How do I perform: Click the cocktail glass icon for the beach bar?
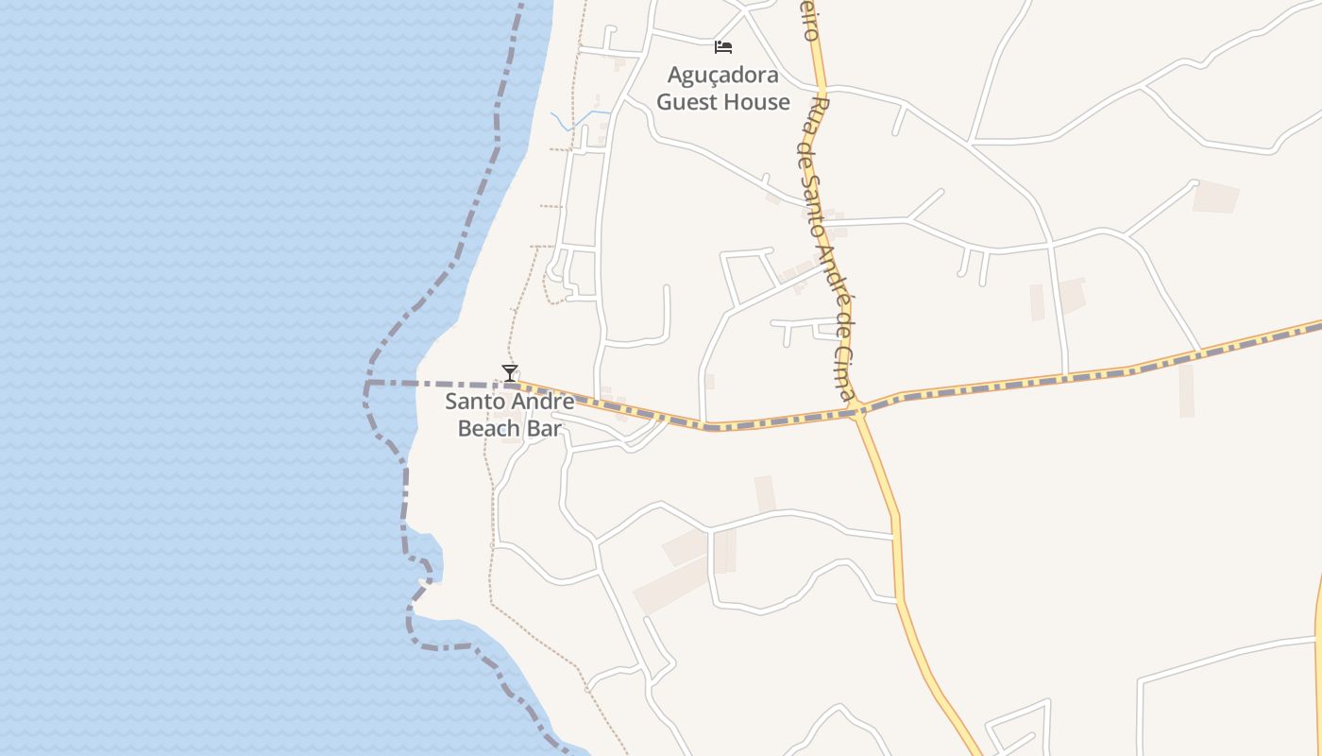510,372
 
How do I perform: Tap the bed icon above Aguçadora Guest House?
723,46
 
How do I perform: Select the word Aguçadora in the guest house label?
723,75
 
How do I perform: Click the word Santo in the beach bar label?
474,402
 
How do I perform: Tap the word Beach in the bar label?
488,428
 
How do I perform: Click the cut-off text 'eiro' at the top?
808,20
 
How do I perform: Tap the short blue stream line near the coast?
576,120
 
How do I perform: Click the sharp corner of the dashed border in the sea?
367,385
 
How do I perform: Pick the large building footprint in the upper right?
1215,197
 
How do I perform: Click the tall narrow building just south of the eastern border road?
1186,390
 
